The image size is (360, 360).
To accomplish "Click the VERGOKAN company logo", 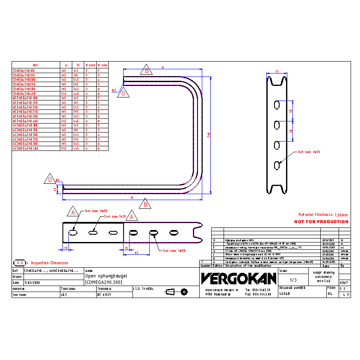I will (239, 278).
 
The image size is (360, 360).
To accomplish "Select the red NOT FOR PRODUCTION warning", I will (321, 222).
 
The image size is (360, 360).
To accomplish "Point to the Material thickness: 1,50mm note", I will (323, 215).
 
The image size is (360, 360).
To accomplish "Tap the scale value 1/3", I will (293, 280).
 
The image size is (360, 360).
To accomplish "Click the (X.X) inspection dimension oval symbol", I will (19, 263).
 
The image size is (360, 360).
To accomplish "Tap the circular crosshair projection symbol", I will (184, 292).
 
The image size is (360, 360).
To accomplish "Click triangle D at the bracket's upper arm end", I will (123, 93).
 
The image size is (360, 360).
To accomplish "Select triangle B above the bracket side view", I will (146, 71).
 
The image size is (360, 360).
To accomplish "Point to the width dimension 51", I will (277, 71).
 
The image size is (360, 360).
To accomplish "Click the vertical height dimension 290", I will (209, 134).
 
